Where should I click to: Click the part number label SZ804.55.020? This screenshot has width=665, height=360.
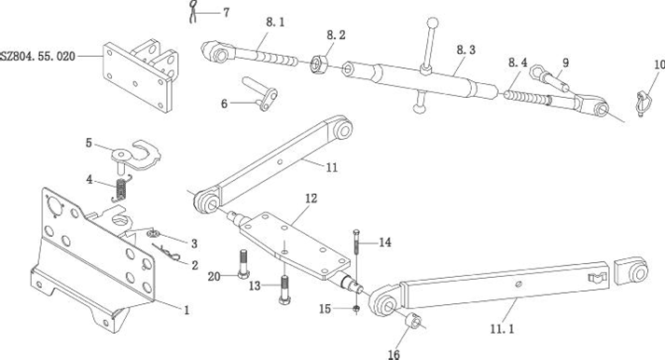(37, 56)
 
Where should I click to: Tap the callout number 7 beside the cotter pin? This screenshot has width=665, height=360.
(227, 13)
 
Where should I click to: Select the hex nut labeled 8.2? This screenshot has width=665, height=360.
(318, 63)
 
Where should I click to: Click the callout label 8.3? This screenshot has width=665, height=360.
(466, 49)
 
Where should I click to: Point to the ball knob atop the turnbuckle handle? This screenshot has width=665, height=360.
(433, 22)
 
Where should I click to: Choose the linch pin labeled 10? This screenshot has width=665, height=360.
(643, 103)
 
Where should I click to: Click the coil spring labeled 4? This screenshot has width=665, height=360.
(121, 189)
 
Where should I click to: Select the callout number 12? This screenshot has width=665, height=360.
(311, 199)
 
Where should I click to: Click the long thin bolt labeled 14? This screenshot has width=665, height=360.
(356, 242)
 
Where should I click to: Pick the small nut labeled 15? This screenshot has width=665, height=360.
(356, 309)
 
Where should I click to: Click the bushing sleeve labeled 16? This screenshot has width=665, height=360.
(413, 321)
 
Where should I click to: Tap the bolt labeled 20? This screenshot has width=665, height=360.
(243, 264)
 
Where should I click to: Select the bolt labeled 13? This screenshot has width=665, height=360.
(284, 290)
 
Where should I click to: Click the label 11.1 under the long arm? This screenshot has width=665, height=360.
(503, 329)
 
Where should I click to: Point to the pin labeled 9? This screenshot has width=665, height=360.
(548, 79)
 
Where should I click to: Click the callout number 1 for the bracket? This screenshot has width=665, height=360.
(187, 311)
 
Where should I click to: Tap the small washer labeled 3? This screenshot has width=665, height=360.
(154, 233)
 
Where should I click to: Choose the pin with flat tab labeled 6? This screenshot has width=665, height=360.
(260, 94)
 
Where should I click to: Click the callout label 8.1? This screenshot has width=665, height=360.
(275, 22)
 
